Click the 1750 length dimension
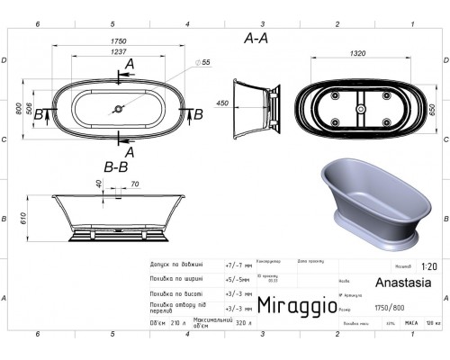point(118,40)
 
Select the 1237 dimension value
point(118,52)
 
